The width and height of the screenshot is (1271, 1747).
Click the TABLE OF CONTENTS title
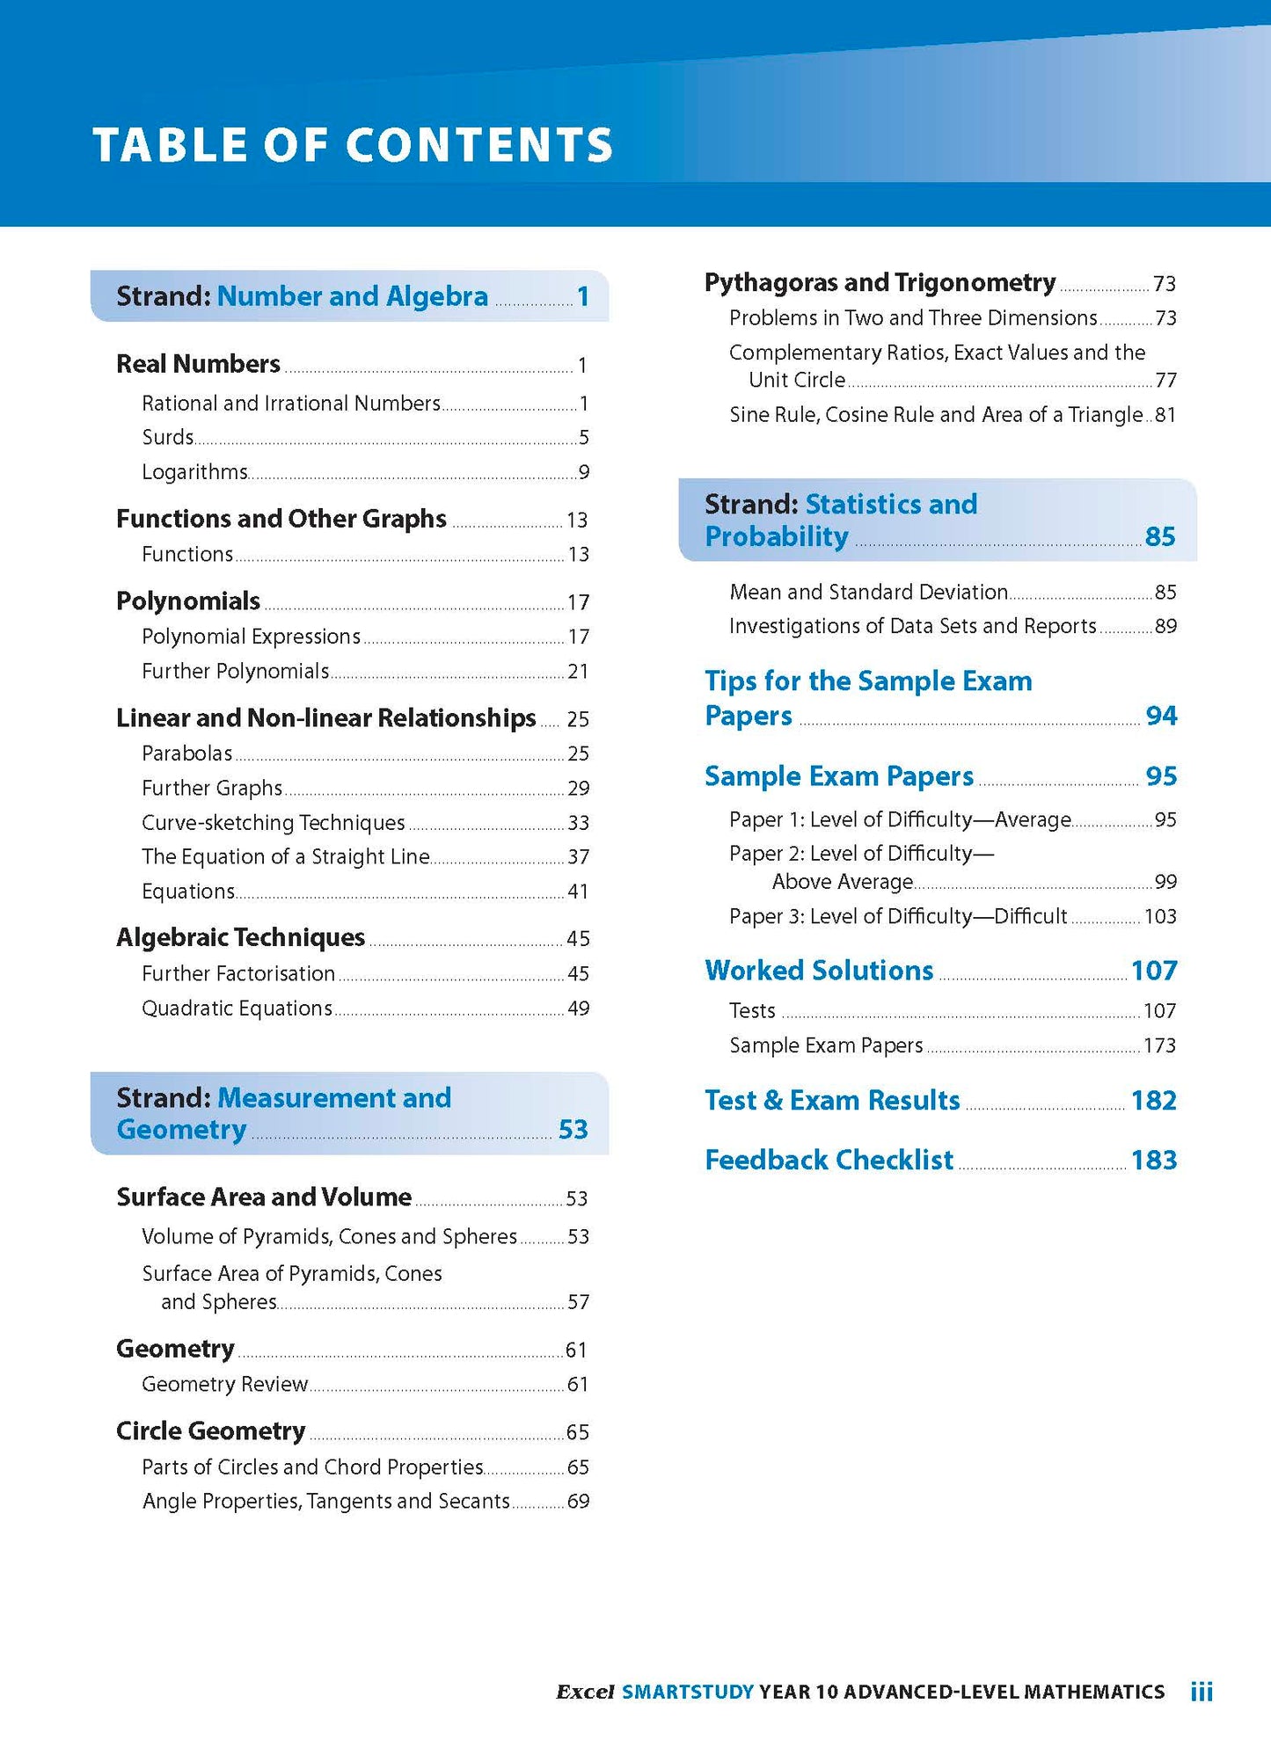pyautogui.click(x=353, y=145)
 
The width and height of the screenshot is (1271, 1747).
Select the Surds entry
pyautogui.click(x=168, y=437)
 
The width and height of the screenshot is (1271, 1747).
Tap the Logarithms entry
pyautogui.click(x=195, y=472)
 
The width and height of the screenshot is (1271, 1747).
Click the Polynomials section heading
pyautogui.click(x=188, y=601)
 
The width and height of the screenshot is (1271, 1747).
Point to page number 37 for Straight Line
pyautogui.click(x=578, y=857)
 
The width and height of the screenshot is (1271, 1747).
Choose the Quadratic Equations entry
pyautogui.click(x=237, y=1008)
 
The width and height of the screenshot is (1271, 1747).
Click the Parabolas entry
pyautogui.click(x=187, y=753)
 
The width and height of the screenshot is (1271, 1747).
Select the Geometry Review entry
pyautogui.click(x=225, y=1385)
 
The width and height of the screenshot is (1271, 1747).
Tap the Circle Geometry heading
pyautogui.click(x=211, y=1431)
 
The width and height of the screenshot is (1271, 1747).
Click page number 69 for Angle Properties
pyautogui.click(x=578, y=1502)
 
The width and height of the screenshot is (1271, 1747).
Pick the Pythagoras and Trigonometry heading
pyautogui.click(x=880, y=283)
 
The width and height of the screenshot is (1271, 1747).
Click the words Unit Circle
pyautogui.click(x=797, y=380)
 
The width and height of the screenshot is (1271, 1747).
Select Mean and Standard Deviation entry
pyautogui.click(x=869, y=593)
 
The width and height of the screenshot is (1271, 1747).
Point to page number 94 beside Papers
pyautogui.click(x=1161, y=716)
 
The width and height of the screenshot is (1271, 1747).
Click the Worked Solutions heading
pyautogui.click(x=819, y=971)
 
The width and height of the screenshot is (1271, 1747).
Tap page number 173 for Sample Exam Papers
pyautogui.click(x=1159, y=1046)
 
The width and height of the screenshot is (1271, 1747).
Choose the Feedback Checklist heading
pyautogui.click(x=829, y=1161)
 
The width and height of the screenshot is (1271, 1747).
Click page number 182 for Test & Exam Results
pyautogui.click(x=1154, y=1101)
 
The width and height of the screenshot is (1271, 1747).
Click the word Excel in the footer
pyautogui.click(x=585, y=1692)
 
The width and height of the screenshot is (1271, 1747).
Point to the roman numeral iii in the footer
pyautogui.click(x=1202, y=1692)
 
